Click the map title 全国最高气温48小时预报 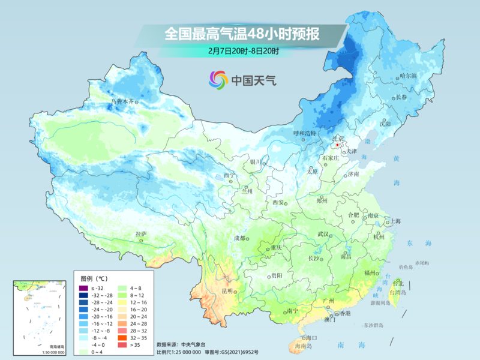point(242,34)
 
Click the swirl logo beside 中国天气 point(218,79)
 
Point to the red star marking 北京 point(338,145)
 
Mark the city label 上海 point(395,221)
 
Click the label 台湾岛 point(398,292)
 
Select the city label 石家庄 point(331,158)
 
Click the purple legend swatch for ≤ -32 point(85,289)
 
